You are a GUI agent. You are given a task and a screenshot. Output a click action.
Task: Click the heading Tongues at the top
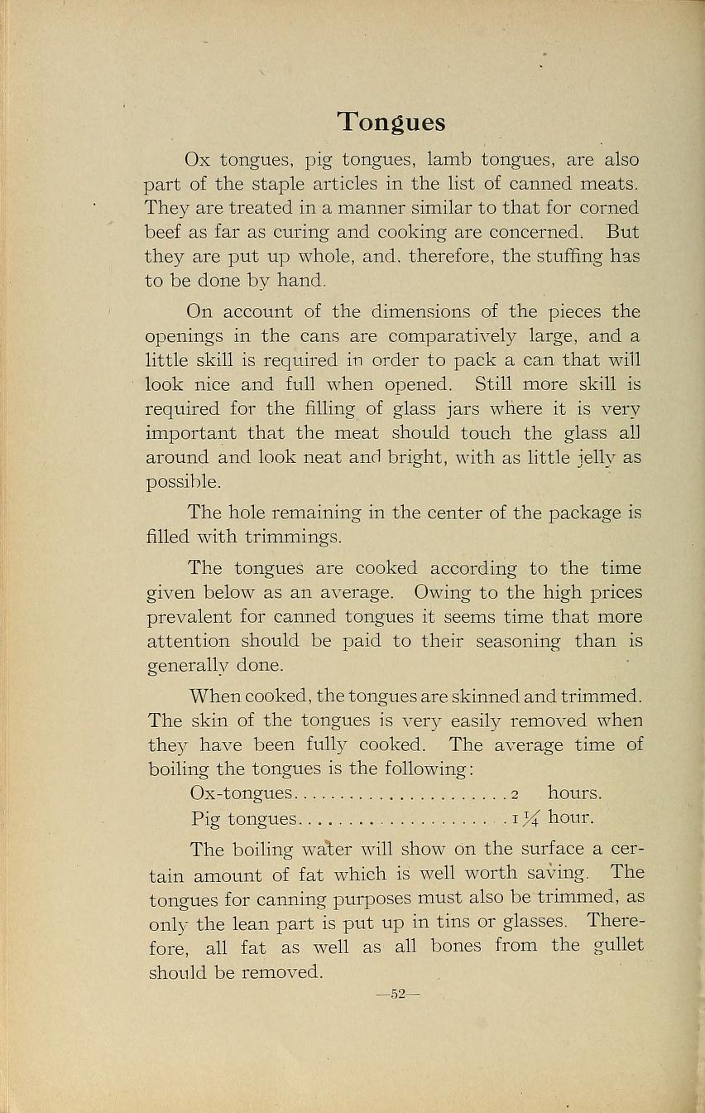(x=391, y=123)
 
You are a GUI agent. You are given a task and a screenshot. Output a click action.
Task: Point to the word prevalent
(x=187, y=617)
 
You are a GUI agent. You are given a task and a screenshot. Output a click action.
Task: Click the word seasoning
(x=511, y=641)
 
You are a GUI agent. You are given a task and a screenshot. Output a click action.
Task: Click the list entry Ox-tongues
(x=241, y=793)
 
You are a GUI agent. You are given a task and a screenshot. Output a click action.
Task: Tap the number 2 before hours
(x=514, y=794)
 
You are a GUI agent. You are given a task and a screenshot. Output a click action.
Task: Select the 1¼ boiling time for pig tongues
(x=525, y=819)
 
